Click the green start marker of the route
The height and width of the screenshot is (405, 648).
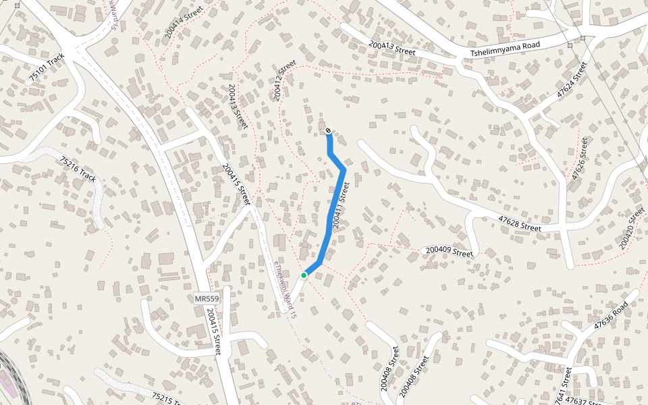point(304,275)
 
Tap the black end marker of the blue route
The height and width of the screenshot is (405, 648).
point(328,130)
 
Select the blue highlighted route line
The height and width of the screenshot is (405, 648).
point(337,196)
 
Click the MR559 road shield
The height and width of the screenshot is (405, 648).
point(207,298)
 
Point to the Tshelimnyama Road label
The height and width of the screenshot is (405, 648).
point(506,49)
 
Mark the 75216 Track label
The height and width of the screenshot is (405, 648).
point(78,169)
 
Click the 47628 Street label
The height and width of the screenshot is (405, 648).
point(520,223)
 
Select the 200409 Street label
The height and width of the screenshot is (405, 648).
point(448,252)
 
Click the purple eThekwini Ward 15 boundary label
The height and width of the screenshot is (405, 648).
point(285,290)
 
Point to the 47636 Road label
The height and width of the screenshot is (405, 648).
point(612,315)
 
